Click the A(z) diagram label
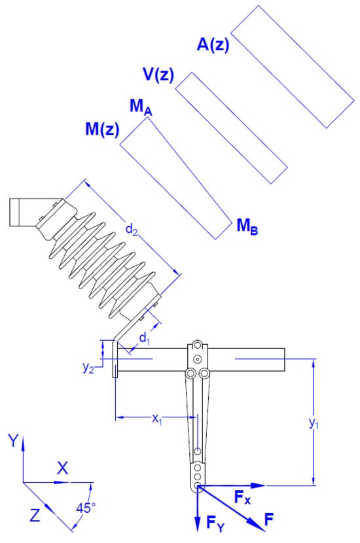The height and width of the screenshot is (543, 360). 213,44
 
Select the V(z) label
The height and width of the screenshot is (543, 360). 158,75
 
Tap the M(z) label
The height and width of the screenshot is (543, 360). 102,129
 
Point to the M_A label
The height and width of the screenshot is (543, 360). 140,107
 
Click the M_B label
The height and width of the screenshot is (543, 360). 247,226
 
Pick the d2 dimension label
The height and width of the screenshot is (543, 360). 132,229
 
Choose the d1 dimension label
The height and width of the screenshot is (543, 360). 145,338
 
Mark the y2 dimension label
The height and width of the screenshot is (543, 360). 88,368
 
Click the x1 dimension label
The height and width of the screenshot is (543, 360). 157,419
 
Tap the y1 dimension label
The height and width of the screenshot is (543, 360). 314,423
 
